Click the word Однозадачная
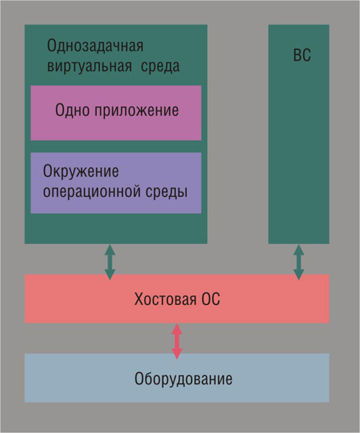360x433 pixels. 95,47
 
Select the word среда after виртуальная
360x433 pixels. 163,67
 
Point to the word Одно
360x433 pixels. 72,110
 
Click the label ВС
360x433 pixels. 302,55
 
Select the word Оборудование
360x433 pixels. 183,378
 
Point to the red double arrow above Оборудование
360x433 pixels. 177,341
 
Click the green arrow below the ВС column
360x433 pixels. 298,262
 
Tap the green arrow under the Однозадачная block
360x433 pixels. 110,262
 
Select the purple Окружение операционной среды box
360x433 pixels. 116,203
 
